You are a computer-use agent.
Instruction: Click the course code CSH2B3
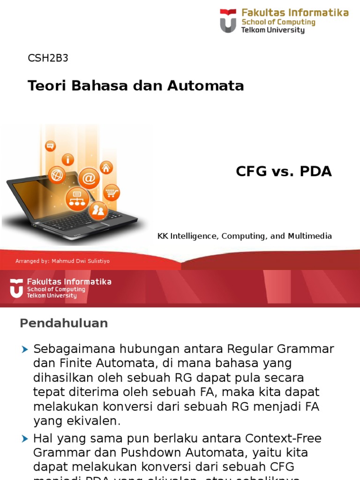point(48,58)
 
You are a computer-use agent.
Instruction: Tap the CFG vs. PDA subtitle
point(284,172)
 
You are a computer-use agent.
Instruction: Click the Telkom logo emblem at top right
point(228,21)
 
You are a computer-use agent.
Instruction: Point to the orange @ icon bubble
point(89,179)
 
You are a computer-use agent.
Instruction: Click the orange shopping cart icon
point(111,192)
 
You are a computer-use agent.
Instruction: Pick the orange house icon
point(106,167)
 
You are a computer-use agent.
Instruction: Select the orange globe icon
point(57,175)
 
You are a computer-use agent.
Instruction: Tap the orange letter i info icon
point(68,159)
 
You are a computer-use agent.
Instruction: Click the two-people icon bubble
point(98,210)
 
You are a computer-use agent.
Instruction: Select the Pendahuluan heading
point(64,323)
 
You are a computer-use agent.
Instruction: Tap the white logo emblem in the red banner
point(16,288)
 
